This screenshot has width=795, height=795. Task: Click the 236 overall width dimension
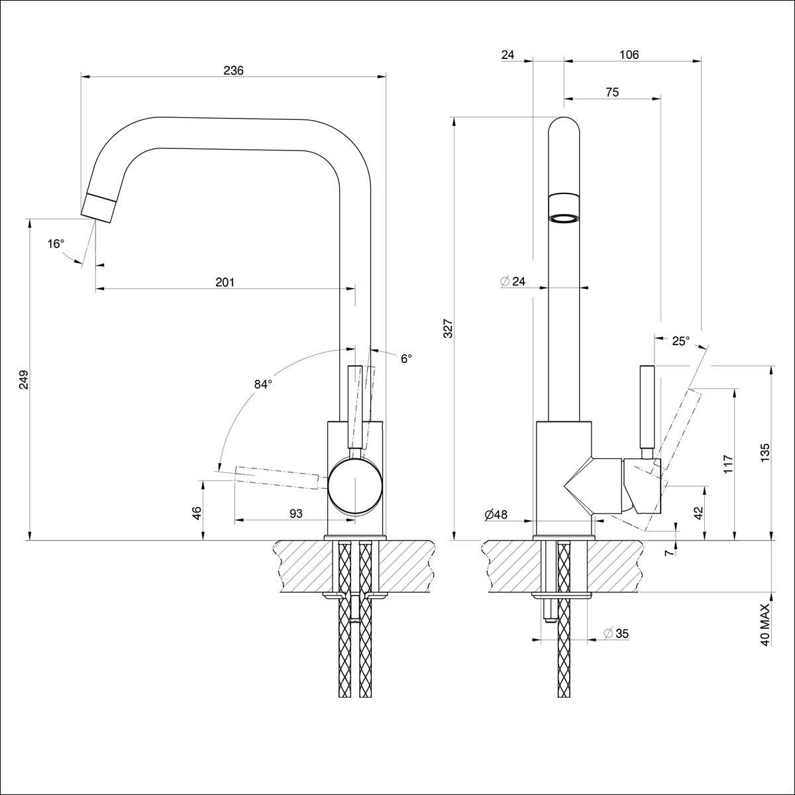233,70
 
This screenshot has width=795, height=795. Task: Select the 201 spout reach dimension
225,282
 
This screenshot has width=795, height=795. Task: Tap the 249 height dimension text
24,380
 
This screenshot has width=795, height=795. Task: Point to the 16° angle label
56,244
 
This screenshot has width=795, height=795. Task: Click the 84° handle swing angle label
263,384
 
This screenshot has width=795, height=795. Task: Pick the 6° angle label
406,358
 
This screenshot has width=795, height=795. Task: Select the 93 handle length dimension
296,513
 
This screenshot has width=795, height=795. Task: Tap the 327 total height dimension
448,329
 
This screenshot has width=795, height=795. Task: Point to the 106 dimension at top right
629,55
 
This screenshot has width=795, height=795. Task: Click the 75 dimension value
612,93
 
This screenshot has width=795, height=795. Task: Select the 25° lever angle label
680,341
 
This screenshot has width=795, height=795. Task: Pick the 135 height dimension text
766,452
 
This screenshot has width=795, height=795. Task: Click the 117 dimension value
728,464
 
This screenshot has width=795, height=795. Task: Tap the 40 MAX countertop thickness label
766,625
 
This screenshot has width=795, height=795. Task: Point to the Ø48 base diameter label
496,514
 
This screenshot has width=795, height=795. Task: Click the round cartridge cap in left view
356,486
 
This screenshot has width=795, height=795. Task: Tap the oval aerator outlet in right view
564,219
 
